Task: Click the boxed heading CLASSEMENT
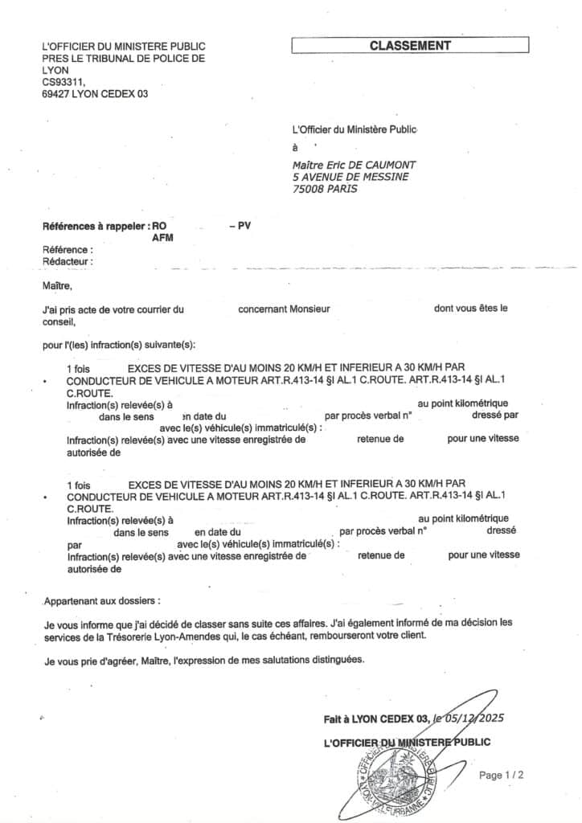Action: tap(410, 46)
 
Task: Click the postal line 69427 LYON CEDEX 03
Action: tap(96, 94)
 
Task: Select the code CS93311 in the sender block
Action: tap(64, 82)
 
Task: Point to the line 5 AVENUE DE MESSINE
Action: tap(350, 177)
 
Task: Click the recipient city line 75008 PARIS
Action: tap(326, 189)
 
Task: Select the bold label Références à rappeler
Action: tap(96, 227)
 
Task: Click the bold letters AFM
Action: tap(162, 239)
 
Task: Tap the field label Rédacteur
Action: tap(68, 261)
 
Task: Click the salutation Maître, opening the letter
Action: tap(57, 285)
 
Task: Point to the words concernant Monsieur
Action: tap(285, 309)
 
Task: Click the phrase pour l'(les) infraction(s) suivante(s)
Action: tap(119, 345)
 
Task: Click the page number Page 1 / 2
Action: tap(502, 776)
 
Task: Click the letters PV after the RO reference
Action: tap(244, 227)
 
